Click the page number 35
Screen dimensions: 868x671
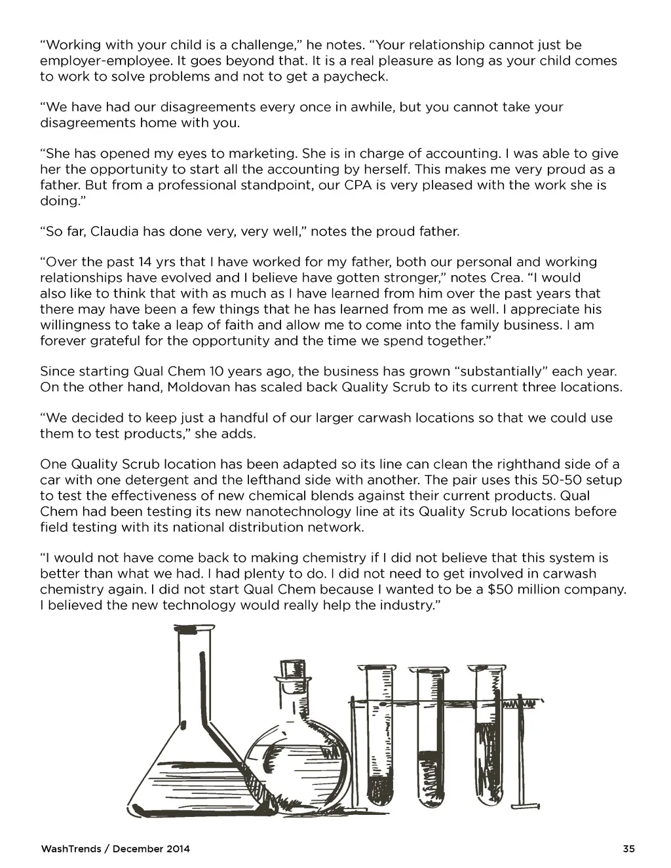tap(629, 849)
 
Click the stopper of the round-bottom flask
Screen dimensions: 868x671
tap(294, 673)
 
